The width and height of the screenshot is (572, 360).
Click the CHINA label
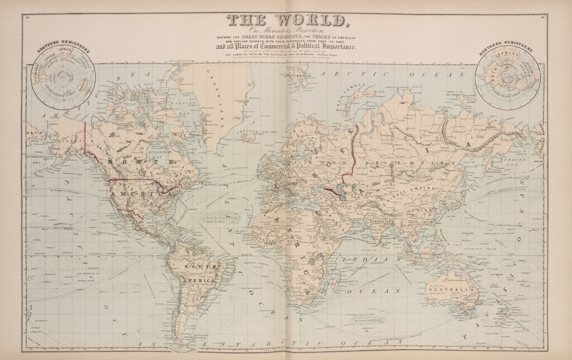pyautogui.click(x=423, y=210)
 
